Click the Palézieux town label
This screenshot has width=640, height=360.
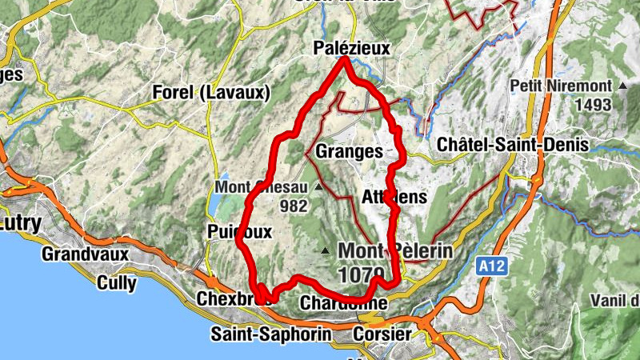pos(353,50)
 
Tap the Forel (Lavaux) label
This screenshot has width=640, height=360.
pos(211,93)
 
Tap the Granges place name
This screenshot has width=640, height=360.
pos(348,151)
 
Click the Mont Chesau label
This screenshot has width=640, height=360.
pos(262,188)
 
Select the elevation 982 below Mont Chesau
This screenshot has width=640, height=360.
pos(294,206)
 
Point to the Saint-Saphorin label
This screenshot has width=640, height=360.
pos(270,334)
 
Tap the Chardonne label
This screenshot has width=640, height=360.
pos(343,304)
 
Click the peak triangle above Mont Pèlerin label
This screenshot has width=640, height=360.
pos(324,252)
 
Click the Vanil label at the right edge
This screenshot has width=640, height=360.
pos(619,301)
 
